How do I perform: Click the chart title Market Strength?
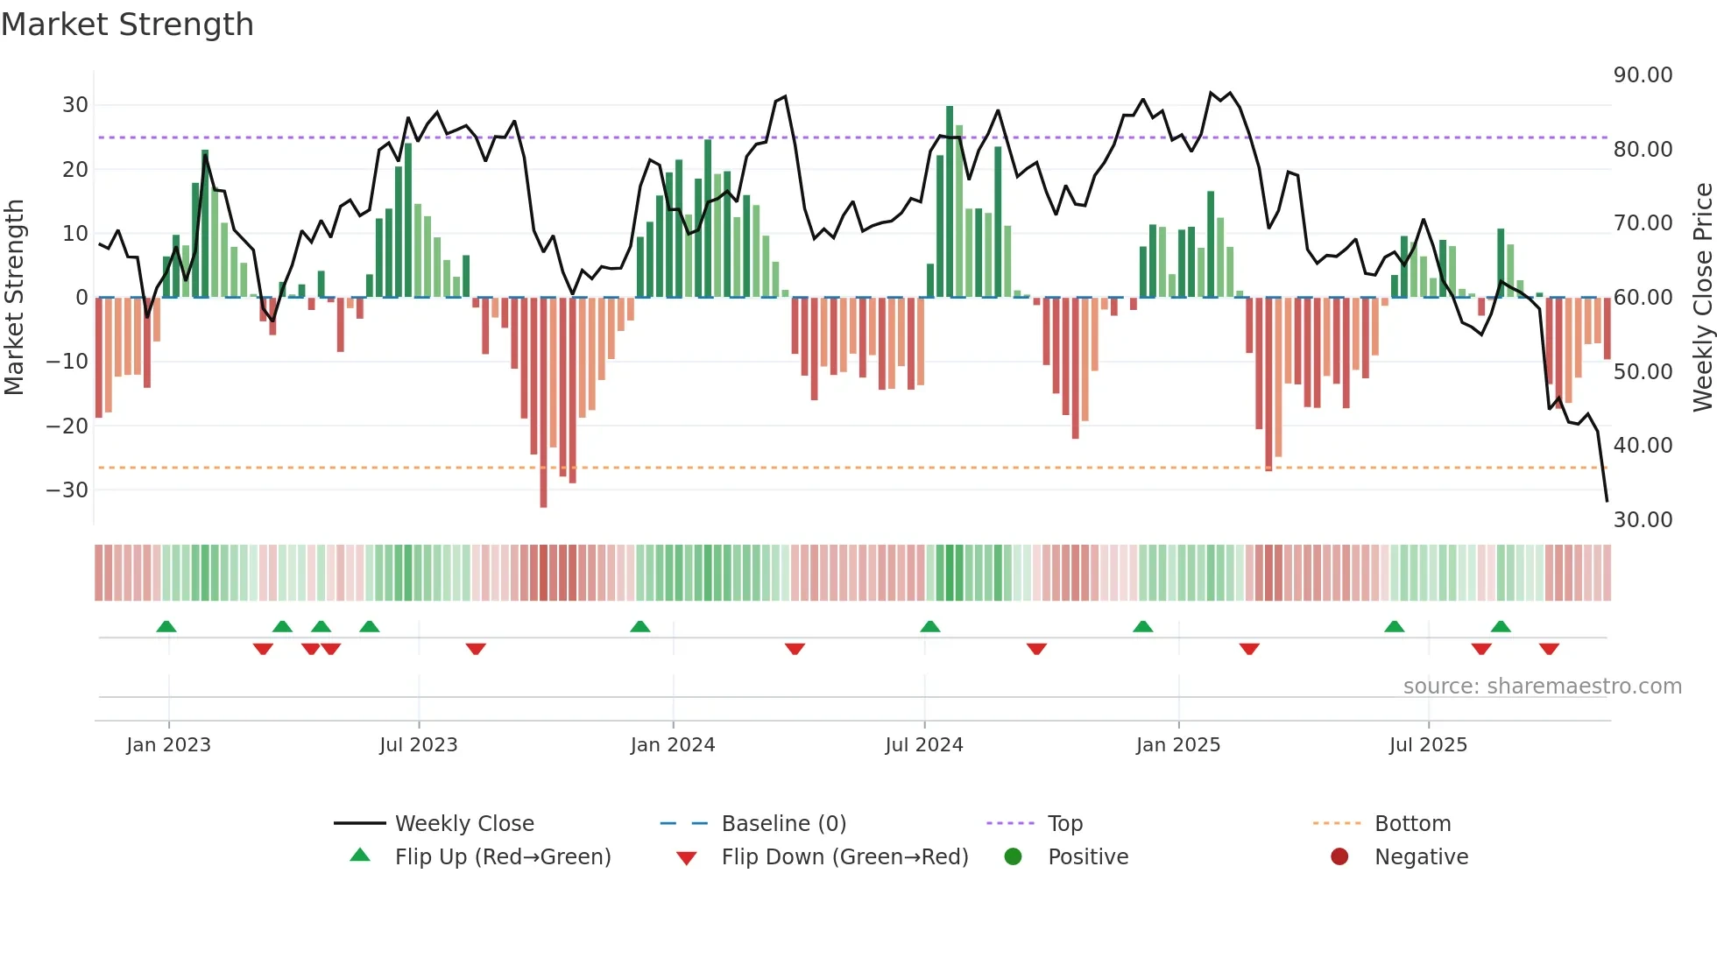[x=127, y=25]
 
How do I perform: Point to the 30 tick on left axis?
[x=75, y=105]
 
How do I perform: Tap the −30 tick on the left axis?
[x=68, y=490]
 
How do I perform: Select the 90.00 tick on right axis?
[x=1643, y=75]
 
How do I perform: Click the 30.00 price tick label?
[x=1643, y=520]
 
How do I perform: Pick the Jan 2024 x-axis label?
[x=672, y=745]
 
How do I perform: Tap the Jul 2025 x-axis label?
[x=1427, y=745]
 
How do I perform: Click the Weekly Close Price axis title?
[x=1702, y=298]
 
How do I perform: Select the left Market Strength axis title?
[x=15, y=298]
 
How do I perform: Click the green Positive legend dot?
[x=1013, y=857]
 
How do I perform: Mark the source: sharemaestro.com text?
[x=1542, y=687]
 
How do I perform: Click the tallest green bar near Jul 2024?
[x=950, y=201]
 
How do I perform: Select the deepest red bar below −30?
[x=543, y=403]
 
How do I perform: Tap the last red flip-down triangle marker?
[x=1549, y=649]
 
